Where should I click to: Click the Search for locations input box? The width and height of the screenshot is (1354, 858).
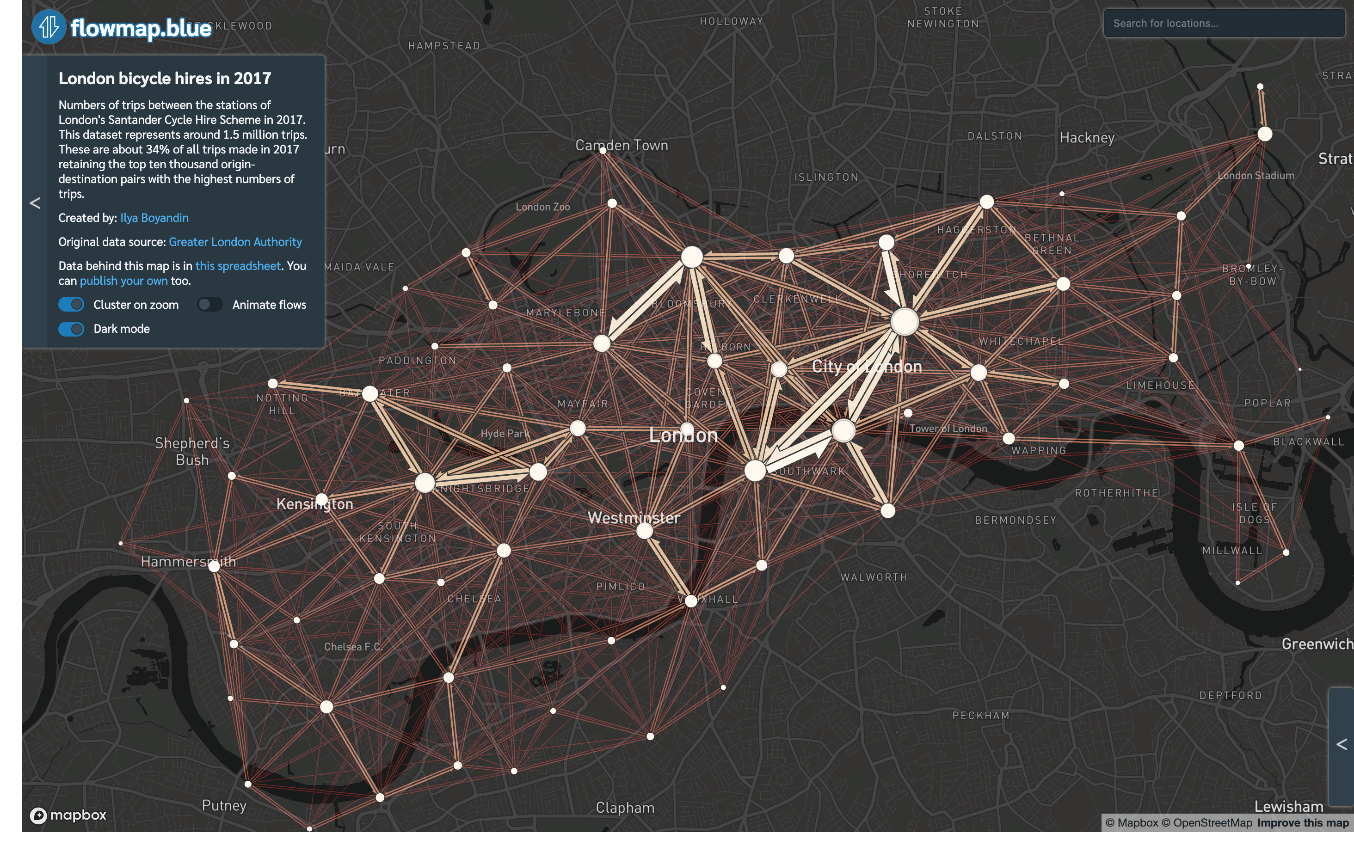click(1223, 24)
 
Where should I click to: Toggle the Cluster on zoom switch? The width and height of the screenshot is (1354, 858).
click(71, 305)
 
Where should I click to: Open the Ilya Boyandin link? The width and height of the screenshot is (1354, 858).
click(154, 218)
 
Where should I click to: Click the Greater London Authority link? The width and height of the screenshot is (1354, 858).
click(235, 242)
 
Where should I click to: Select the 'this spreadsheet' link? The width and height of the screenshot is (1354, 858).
click(238, 266)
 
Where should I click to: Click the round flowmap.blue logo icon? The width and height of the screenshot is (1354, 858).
click(49, 27)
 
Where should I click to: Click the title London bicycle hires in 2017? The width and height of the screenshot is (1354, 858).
click(165, 78)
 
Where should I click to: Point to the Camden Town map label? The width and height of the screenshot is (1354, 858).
click(622, 146)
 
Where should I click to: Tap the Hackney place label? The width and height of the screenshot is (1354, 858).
click(1087, 138)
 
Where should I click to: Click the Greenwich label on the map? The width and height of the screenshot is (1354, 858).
click(1317, 644)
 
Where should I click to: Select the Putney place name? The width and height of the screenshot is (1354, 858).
click(224, 806)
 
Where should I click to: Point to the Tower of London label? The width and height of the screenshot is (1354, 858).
click(948, 429)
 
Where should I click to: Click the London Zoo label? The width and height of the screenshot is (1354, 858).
click(542, 207)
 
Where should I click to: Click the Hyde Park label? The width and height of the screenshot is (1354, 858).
click(505, 434)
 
